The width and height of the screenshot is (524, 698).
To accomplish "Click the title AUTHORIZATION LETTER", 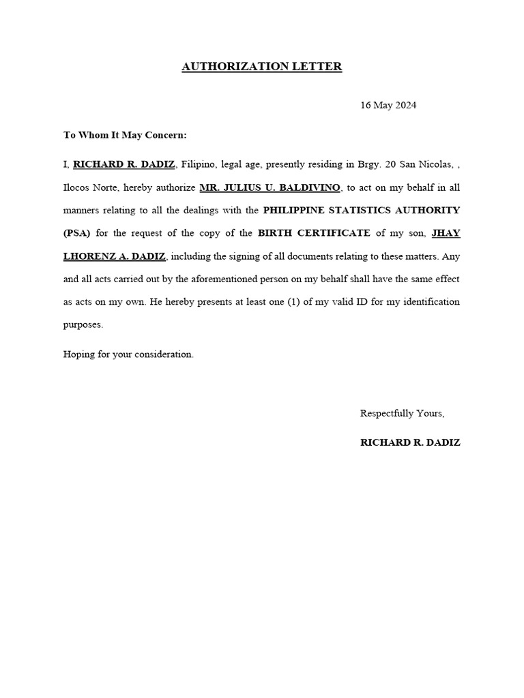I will (x=261, y=67).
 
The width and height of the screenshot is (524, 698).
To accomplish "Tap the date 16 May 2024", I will (x=388, y=106).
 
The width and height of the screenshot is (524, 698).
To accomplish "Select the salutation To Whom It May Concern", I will (x=125, y=135).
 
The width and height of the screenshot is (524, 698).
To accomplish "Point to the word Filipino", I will (x=200, y=164).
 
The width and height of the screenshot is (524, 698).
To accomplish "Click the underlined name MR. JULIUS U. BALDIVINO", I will (x=270, y=187).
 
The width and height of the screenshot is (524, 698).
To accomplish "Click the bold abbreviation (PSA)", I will (x=77, y=233).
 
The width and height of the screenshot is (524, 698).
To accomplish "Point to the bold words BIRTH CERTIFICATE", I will (x=314, y=233).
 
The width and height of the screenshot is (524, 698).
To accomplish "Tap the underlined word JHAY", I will (x=446, y=233).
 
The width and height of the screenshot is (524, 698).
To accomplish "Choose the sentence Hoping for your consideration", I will (x=128, y=354).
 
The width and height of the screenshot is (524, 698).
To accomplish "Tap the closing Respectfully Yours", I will (x=403, y=414).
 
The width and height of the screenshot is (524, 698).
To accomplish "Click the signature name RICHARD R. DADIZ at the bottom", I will (x=410, y=442).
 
